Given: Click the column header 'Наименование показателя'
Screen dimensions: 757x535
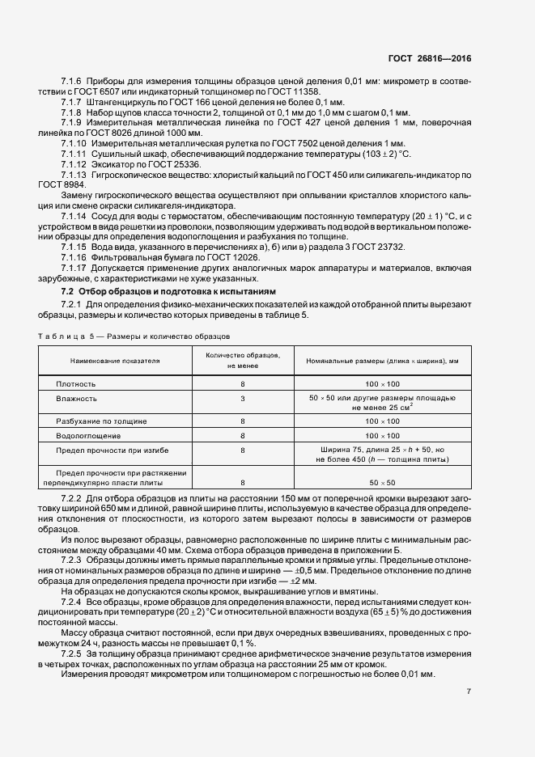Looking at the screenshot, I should tap(115, 361).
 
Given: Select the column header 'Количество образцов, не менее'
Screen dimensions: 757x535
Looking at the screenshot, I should tap(243, 361).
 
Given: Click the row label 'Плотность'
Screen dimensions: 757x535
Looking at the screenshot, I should tap(76, 384).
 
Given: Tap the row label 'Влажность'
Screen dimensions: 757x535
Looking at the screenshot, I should tap(77, 399).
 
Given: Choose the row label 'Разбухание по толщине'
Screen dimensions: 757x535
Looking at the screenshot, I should tap(101, 422).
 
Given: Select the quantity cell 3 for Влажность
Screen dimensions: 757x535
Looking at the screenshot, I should tap(243, 399).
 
